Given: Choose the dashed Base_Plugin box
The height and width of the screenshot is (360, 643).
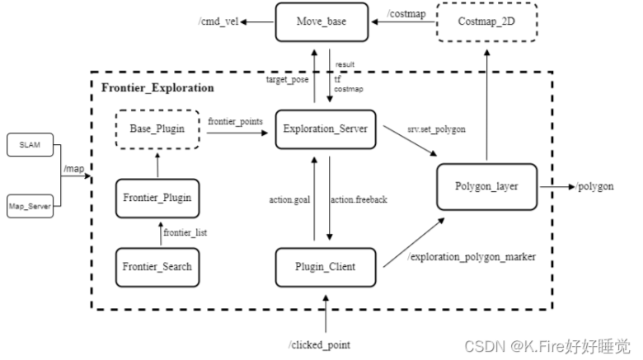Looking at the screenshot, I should point(157,129).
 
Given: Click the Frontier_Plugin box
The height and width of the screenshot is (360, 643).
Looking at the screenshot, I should point(157,198).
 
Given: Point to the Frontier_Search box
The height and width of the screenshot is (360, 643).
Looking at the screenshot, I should point(157,265).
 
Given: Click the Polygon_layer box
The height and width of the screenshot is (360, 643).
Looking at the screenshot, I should point(487,187).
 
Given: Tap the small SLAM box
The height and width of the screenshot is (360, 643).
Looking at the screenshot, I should point(30,146).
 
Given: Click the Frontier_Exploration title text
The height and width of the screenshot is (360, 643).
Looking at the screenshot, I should point(157,87).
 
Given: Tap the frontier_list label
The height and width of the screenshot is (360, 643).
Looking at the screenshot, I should point(185,233).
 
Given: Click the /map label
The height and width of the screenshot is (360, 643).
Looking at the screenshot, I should point(74,170).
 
